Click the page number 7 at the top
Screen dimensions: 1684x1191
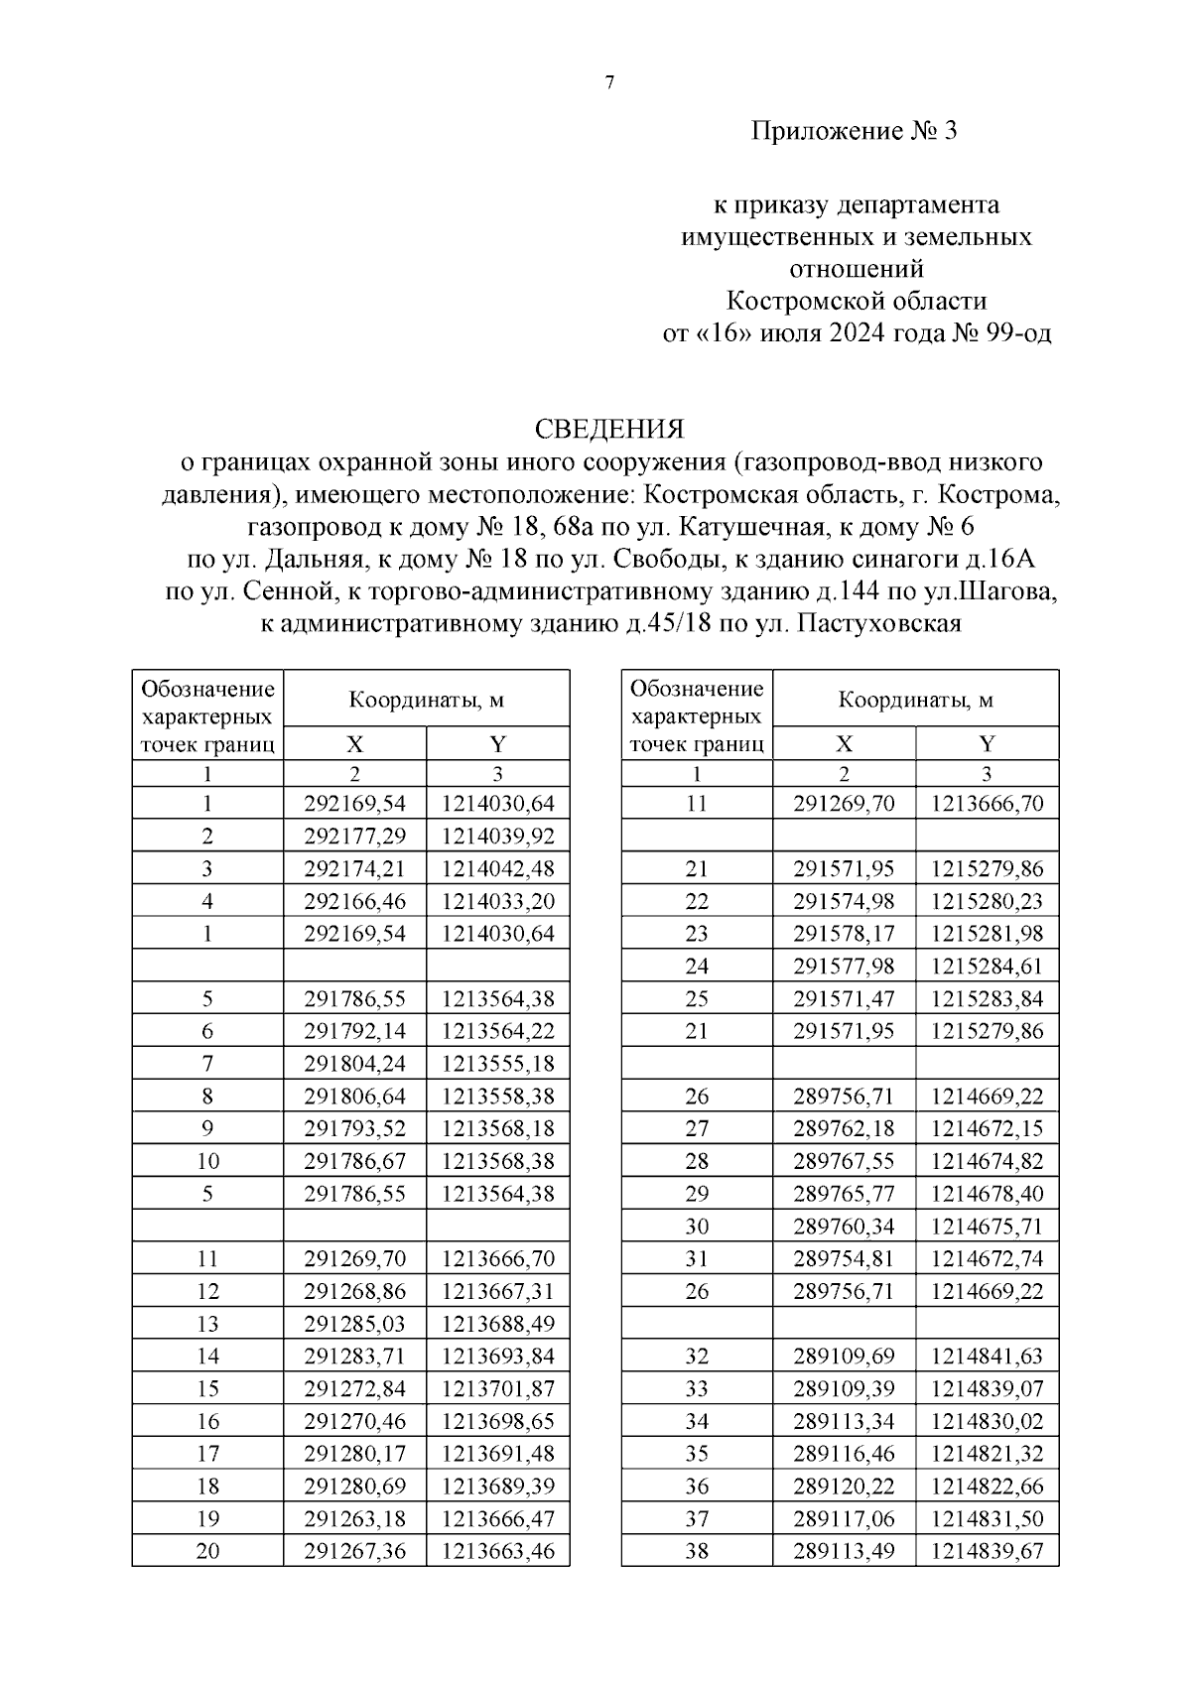[x=609, y=83]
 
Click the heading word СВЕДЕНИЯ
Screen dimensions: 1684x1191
[x=609, y=429]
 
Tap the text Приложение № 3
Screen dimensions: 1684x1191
[x=855, y=131]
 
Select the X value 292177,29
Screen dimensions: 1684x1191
[x=354, y=836]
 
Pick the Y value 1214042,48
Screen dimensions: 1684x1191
[x=498, y=868]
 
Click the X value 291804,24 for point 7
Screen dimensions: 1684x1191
[x=354, y=1064]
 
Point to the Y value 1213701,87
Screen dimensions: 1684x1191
[x=498, y=1388]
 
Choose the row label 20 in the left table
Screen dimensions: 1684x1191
[x=207, y=1551]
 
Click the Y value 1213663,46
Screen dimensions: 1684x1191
[x=498, y=1551]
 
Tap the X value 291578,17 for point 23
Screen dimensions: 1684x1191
[x=844, y=934]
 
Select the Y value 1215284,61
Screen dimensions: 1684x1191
[x=987, y=966]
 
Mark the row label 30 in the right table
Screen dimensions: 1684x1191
[x=697, y=1227]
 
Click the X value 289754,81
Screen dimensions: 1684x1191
[x=844, y=1258]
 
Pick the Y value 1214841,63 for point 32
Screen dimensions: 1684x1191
[x=987, y=1356]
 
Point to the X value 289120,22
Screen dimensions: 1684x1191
[x=844, y=1487]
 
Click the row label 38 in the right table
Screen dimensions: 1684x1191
[x=697, y=1551]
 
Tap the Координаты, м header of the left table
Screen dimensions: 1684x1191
[x=426, y=700]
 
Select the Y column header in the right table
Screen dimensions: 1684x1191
[x=987, y=744]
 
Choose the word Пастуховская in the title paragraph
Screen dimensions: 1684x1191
[x=879, y=624]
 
